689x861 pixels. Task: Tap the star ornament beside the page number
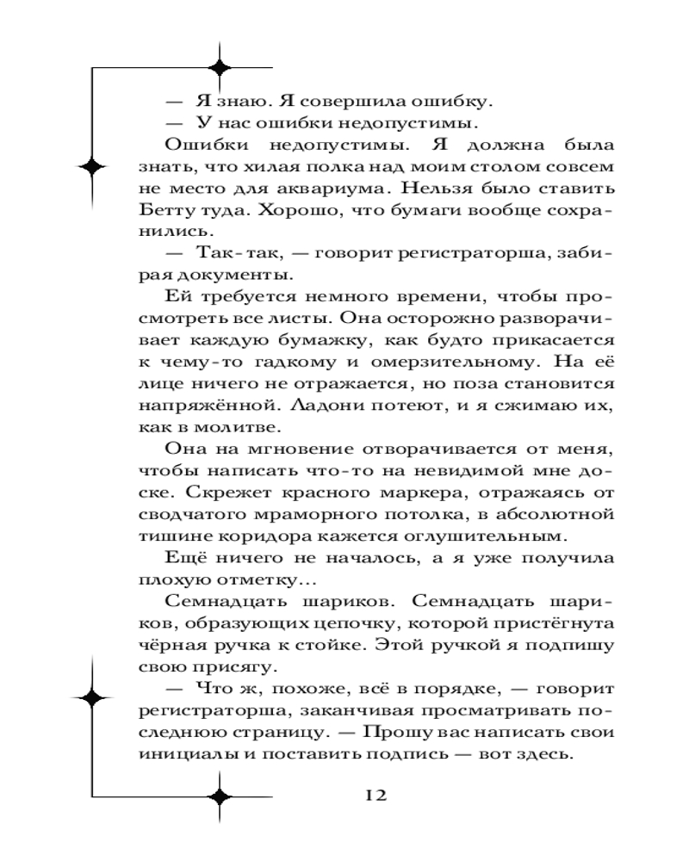[221, 796]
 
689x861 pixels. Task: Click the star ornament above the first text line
[221, 69]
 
